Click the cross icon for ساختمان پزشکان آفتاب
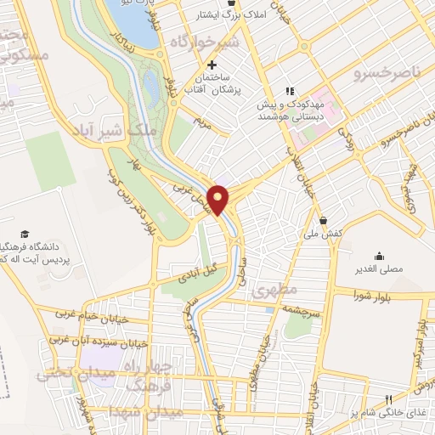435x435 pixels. tap(212, 65)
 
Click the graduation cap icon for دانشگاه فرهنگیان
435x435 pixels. tap(25, 234)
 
